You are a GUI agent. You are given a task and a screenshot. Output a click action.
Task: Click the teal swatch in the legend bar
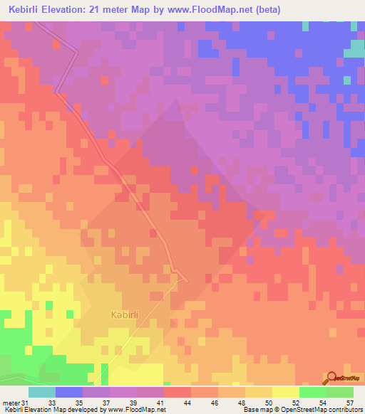coord(42,392)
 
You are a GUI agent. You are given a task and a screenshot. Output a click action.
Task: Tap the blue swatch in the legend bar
coord(69,392)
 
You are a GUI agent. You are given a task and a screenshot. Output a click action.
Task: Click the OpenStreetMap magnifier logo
coord(331,378)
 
